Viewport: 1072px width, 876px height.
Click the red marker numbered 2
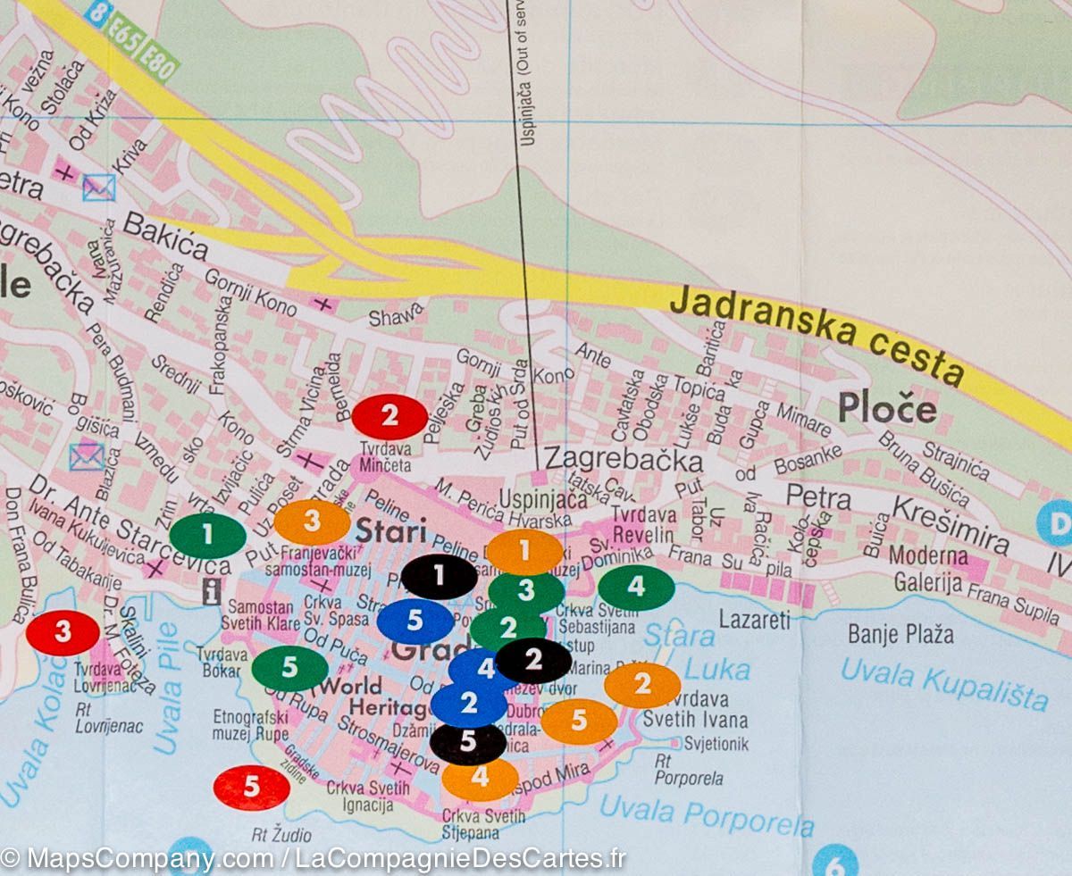(x=389, y=417)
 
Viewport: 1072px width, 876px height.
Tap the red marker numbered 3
(x=63, y=633)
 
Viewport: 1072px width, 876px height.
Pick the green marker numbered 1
(x=207, y=536)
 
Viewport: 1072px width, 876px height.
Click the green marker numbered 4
(x=636, y=588)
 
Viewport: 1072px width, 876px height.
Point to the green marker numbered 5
(x=289, y=668)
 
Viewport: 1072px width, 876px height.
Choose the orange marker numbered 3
(x=311, y=522)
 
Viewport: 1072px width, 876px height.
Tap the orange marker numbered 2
(x=642, y=685)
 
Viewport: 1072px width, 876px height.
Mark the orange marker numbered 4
(x=480, y=778)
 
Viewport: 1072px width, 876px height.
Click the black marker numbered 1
(x=439, y=576)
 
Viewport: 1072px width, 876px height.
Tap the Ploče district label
(x=887, y=409)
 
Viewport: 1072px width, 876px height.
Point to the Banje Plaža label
(x=900, y=635)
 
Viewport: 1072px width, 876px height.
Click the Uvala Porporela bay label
(x=706, y=814)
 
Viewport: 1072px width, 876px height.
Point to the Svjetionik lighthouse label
(x=716, y=743)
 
